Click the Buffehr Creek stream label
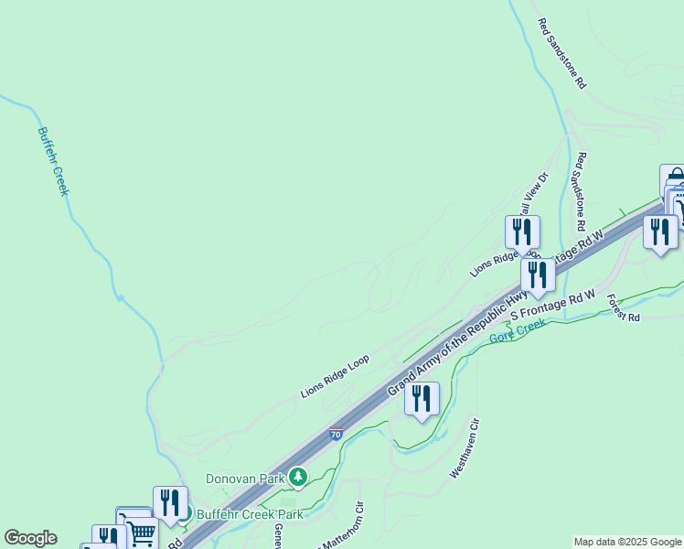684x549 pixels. [54, 161]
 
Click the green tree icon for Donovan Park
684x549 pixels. [297, 477]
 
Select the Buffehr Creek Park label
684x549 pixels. [236, 514]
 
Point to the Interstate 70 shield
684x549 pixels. [337, 434]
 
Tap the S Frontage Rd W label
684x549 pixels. [552, 306]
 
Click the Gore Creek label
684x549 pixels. [518, 331]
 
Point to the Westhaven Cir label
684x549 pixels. [465, 449]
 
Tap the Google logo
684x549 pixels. [30, 538]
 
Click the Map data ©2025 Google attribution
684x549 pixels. [627, 542]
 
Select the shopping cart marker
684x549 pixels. [141, 533]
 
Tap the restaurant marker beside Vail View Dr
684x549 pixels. [522, 231]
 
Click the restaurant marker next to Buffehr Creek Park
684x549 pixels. [170, 502]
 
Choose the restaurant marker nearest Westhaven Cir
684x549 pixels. [422, 399]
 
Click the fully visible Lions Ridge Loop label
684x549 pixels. [334, 376]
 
